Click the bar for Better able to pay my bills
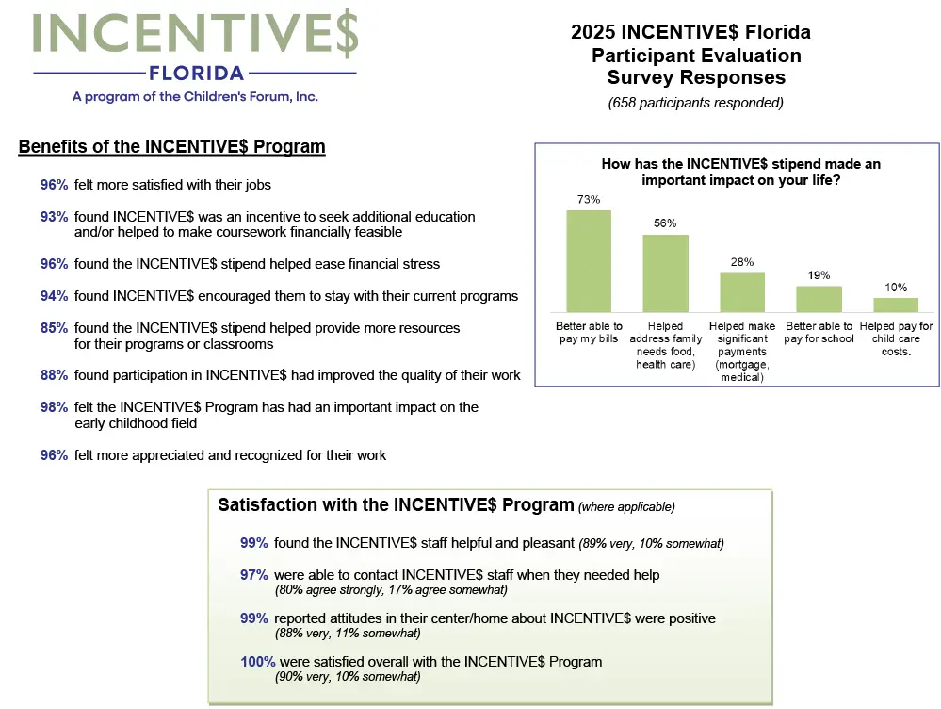(589, 261)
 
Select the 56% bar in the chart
(665, 273)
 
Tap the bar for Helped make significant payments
(742, 292)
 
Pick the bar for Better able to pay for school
(819, 299)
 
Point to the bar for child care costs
(896, 305)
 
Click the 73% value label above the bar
(589, 200)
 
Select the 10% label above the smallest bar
(896, 288)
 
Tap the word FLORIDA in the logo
(196, 74)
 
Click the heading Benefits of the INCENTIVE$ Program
(171, 147)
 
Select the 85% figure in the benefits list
(54, 328)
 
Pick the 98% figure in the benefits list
(54, 407)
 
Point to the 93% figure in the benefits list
(54, 217)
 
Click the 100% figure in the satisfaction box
(257, 662)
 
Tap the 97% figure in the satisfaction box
(254, 575)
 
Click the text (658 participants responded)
(696, 103)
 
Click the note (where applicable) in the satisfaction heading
(626, 506)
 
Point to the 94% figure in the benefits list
(54, 296)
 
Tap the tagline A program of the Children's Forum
(196, 96)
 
